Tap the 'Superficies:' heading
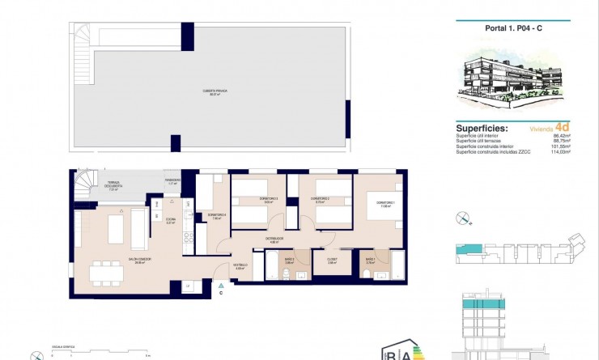482,128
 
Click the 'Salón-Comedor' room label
134,260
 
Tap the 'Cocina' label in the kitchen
171,219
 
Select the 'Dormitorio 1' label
382,204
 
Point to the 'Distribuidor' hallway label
274,239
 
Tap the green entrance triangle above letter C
219,285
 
